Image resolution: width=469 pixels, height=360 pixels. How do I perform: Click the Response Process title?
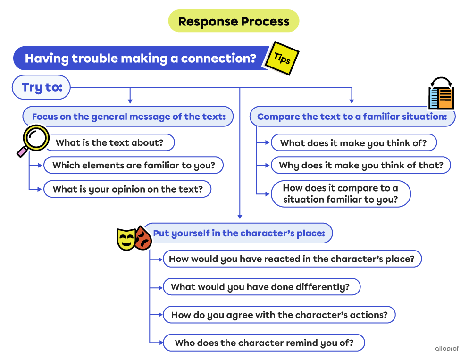point(234,21)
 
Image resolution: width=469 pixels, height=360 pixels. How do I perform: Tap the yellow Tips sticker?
point(282,59)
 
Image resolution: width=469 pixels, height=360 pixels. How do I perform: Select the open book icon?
point(441,96)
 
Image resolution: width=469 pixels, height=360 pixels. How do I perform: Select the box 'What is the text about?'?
point(109,142)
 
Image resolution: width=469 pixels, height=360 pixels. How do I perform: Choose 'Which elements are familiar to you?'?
point(133,166)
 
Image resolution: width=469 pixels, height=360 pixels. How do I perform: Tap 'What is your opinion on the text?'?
point(127,189)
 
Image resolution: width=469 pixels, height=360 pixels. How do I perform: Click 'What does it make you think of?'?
point(353,143)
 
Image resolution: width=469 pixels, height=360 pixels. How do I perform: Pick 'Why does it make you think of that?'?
point(360,166)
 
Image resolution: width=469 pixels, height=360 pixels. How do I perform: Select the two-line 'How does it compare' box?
point(340,194)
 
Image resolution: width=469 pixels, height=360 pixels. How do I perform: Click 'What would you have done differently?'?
point(261,287)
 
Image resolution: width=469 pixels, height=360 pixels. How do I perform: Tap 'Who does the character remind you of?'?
point(264,343)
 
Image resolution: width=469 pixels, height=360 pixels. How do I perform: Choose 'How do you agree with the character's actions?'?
point(279,315)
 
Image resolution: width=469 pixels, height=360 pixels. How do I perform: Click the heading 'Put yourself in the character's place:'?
point(239,234)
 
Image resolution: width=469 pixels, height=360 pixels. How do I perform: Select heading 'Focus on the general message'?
point(128,117)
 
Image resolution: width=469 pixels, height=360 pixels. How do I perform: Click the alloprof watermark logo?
point(446,349)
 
